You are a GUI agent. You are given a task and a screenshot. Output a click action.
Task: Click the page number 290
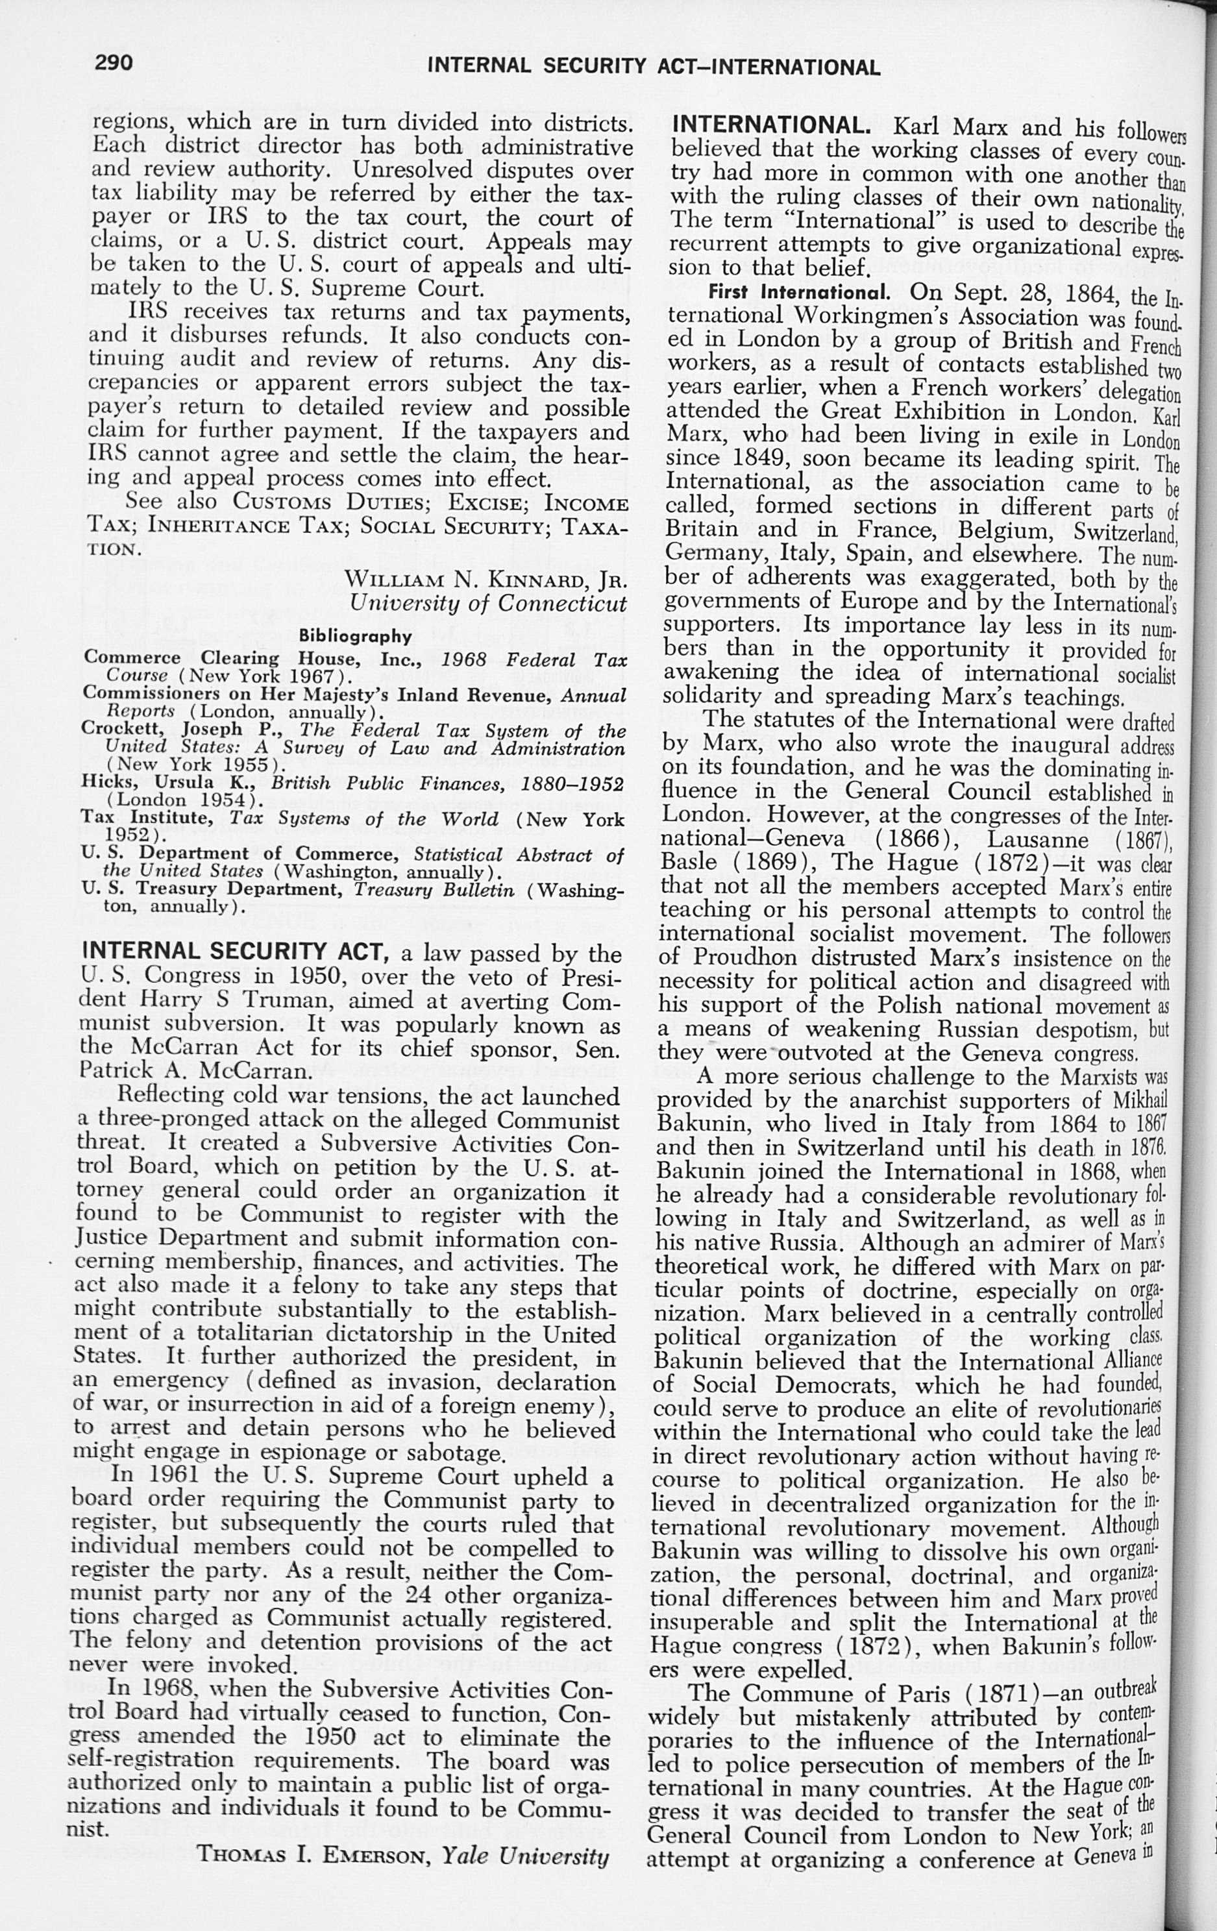(114, 62)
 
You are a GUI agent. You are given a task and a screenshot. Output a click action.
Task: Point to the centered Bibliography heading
(355, 636)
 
